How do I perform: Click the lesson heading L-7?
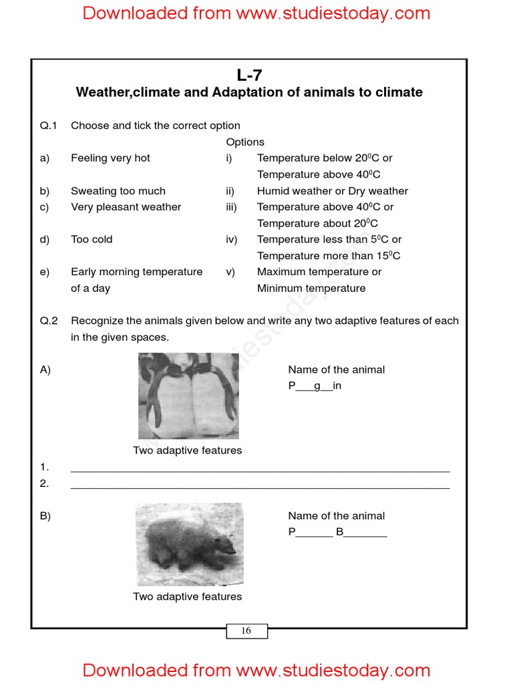[249, 75]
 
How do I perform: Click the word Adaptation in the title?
[247, 92]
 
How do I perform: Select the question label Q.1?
[49, 126]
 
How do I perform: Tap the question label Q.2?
[49, 321]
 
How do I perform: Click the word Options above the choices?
[245, 142]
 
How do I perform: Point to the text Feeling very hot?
[110, 158]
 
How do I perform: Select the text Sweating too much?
[118, 191]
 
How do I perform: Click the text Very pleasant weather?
[126, 207]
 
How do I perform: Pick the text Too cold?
[92, 240]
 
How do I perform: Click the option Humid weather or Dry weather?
[332, 191]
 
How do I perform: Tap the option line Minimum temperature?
[311, 289]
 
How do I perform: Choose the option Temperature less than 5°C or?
[329, 240]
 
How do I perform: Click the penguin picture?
[188, 395]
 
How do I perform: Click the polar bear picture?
[189, 544]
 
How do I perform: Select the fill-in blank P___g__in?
[315, 386]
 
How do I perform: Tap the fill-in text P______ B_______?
[337, 532]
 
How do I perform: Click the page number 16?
[246, 631]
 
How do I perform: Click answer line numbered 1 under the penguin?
[260, 468]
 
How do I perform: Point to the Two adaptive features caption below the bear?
[187, 596]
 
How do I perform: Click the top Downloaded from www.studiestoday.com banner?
[256, 13]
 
